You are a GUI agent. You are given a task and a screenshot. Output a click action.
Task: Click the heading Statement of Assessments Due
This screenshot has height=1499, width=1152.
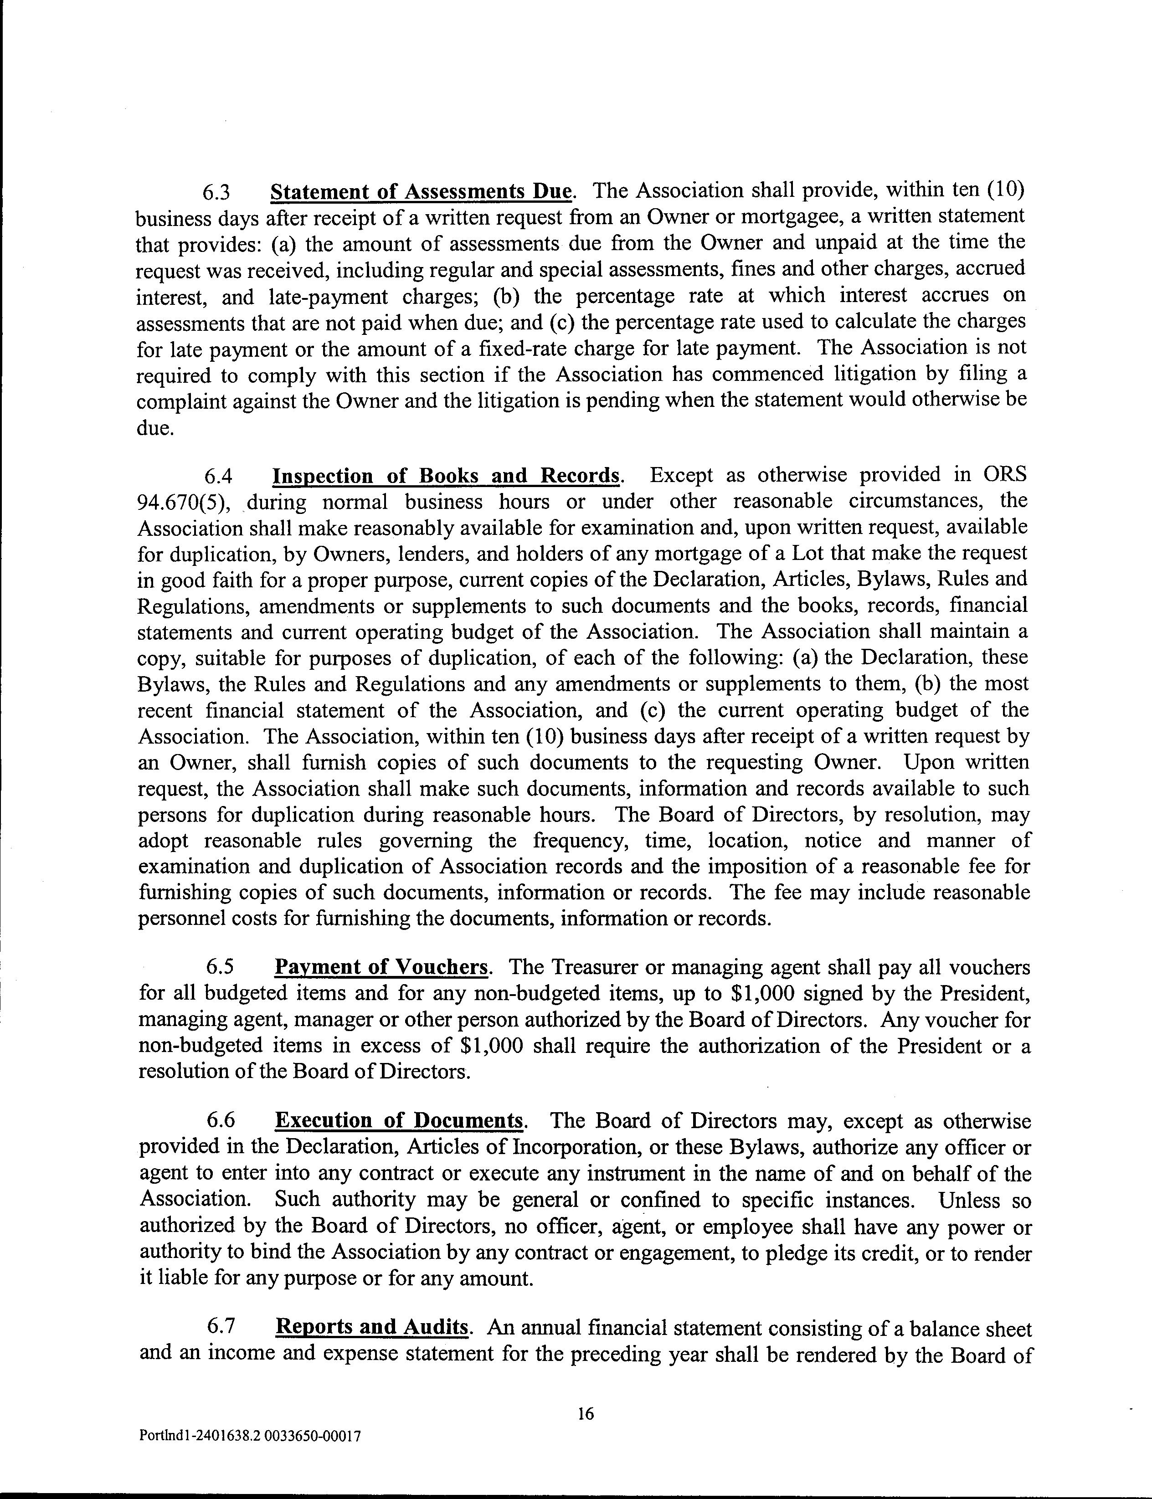point(421,191)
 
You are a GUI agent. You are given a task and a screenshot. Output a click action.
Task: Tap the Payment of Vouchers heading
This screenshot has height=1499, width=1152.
point(381,967)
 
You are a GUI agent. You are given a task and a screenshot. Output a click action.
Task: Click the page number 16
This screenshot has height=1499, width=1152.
point(585,1414)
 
